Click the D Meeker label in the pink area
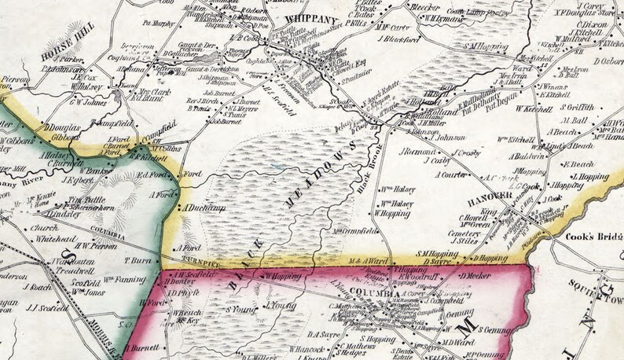pos(475,276)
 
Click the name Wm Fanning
pos(122,279)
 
